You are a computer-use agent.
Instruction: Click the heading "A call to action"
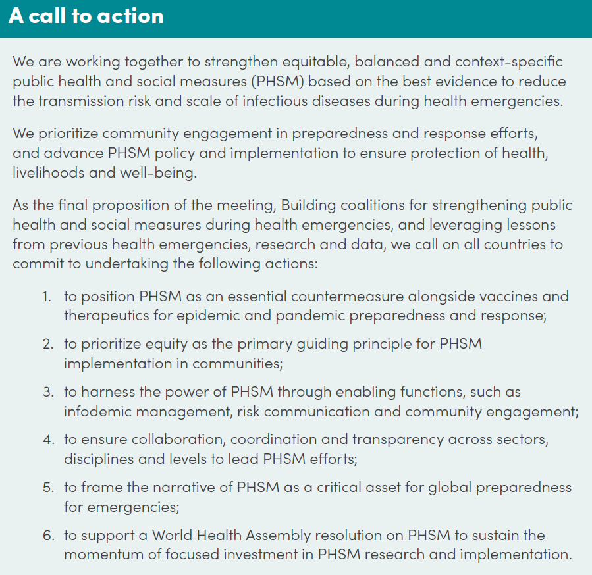tap(86, 16)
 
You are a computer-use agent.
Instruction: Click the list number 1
tap(47, 296)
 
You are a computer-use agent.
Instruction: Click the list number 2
tap(48, 344)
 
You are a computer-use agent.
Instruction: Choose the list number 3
tap(48, 392)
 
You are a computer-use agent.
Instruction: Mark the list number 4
tap(48, 439)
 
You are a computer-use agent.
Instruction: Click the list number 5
tap(48, 488)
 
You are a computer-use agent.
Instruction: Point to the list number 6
tap(48, 535)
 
